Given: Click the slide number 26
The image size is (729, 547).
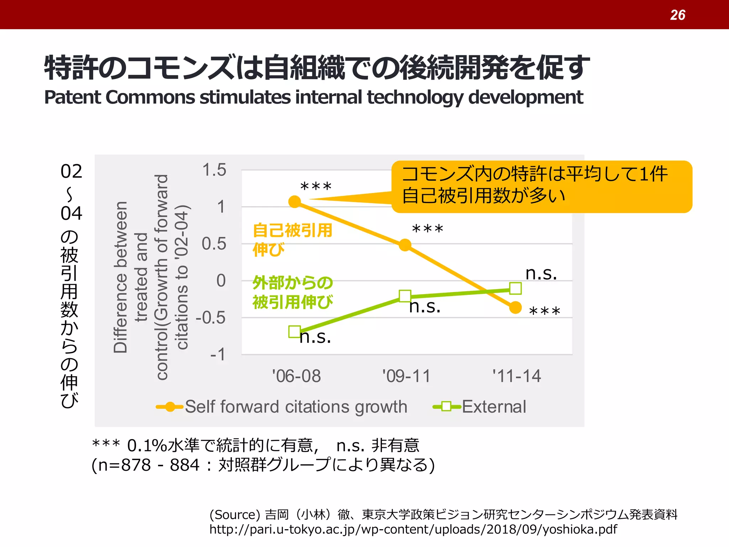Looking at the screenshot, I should point(677,15).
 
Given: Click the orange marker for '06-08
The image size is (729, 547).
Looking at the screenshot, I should point(295,202).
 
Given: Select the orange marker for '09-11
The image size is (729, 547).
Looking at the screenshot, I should point(405,245).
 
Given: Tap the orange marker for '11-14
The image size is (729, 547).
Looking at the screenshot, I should point(515,307).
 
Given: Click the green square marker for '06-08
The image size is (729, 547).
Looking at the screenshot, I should point(295,332).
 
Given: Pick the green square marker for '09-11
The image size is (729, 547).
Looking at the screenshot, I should point(405,296).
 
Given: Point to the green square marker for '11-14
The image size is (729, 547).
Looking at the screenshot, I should point(515,288).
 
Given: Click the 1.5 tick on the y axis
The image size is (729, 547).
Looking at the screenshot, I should point(214,170).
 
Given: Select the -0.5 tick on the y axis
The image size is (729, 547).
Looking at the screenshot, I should point(211,318).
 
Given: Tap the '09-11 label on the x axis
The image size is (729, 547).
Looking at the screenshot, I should point(406,376).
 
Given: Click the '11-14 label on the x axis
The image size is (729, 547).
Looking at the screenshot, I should point(516,376).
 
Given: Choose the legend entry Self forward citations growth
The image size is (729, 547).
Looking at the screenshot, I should point(295,407).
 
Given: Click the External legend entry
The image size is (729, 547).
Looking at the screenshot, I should point(493,407).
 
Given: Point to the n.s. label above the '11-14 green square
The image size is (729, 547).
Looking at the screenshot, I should point(541,273).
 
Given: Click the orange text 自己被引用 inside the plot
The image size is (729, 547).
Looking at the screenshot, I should point(292,230).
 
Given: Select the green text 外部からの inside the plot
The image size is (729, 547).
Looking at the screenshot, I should point(293,283).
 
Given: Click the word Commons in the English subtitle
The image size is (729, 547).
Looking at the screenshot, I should point(150,97).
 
